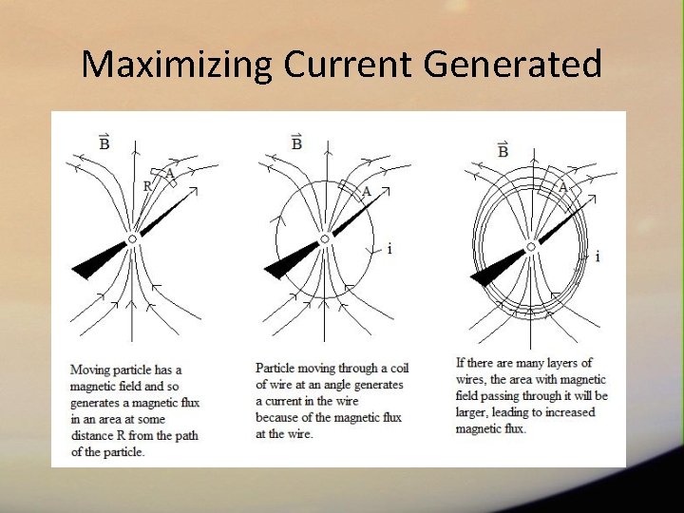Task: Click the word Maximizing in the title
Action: [177, 65]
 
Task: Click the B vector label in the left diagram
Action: [104, 142]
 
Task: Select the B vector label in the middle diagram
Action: [296, 142]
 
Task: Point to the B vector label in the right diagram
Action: [503, 150]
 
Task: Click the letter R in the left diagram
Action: [147, 186]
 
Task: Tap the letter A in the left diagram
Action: [169, 173]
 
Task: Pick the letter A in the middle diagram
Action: [367, 191]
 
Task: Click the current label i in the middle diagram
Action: [389, 249]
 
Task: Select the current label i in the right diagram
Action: [597, 256]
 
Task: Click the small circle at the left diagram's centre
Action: [133, 239]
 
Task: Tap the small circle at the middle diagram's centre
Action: [325, 239]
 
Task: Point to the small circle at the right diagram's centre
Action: [531, 246]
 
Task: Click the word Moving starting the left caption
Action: [90, 370]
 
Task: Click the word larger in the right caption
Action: [475, 412]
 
